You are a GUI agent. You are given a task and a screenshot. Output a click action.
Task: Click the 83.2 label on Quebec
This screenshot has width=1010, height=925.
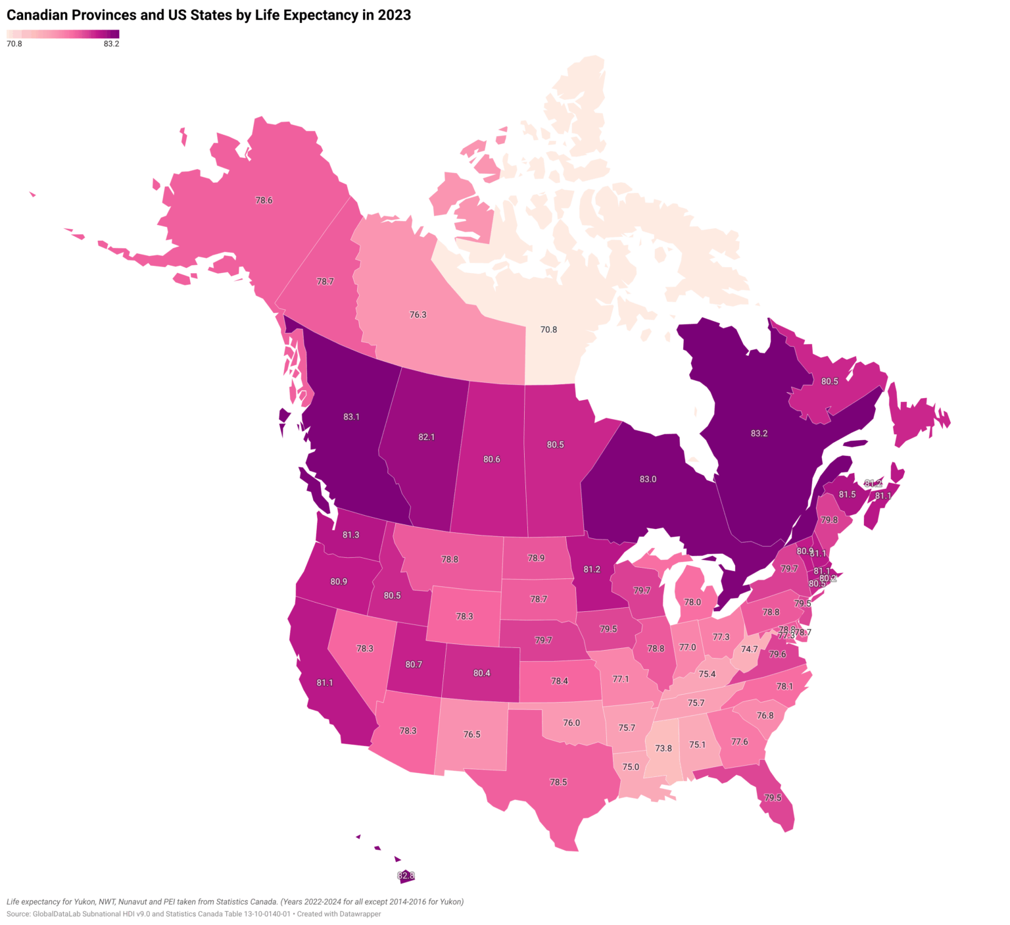click(759, 434)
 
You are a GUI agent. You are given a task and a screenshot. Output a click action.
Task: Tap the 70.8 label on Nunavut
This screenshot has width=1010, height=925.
click(548, 330)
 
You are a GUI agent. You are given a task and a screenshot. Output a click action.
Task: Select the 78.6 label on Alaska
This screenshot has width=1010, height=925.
click(264, 201)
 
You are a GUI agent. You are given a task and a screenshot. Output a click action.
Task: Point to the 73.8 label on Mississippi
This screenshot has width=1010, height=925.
click(663, 748)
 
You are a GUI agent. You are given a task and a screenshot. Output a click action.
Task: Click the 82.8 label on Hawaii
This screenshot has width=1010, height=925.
click(406, 876)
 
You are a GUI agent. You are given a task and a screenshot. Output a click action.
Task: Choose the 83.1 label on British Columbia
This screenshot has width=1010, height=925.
click(351, 416)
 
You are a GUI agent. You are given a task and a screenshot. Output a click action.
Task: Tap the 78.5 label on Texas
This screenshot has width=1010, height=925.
click(558, 782)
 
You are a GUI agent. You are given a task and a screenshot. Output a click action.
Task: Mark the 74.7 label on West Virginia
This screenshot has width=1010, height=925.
click(750, 649)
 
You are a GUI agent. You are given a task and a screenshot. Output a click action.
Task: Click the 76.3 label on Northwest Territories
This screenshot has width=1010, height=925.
click(418, 315)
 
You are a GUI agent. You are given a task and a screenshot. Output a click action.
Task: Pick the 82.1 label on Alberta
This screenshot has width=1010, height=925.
click(426, 437)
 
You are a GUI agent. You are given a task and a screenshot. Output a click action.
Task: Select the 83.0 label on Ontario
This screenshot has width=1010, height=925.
click(648, 479)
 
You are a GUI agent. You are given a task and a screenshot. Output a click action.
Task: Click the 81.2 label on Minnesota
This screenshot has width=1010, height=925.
click(591, 570)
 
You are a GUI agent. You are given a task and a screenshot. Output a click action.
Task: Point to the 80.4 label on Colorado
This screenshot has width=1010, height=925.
click(481, 673)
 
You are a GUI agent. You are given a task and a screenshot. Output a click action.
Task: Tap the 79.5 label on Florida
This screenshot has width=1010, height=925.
click(773, 797)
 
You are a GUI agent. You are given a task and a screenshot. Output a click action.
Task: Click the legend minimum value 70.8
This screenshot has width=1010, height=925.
click(14, 44)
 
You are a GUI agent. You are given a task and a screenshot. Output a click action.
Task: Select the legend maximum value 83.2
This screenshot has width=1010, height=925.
click(111, 44)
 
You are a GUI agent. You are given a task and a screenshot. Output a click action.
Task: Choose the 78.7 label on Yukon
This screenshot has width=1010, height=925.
click(325, 282)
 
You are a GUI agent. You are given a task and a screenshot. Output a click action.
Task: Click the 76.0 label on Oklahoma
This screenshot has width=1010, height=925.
click(571, 723)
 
